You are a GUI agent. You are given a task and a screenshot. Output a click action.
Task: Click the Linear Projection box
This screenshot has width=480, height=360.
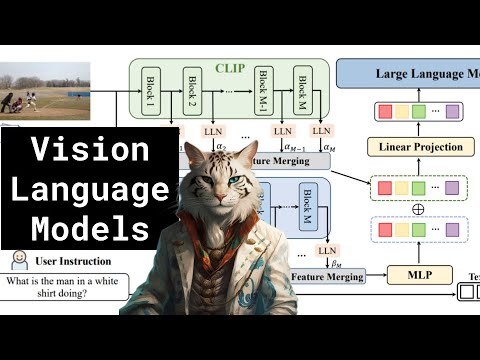point(422,147)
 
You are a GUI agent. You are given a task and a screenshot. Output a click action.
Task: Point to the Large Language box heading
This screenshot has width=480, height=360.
point(411,74)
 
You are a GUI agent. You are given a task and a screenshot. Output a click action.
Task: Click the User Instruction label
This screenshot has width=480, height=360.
point(73,262)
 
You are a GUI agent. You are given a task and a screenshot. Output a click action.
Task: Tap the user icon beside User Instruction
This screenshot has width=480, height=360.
point(17,262)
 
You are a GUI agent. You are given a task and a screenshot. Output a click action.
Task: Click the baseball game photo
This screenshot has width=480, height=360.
point(45,91)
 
